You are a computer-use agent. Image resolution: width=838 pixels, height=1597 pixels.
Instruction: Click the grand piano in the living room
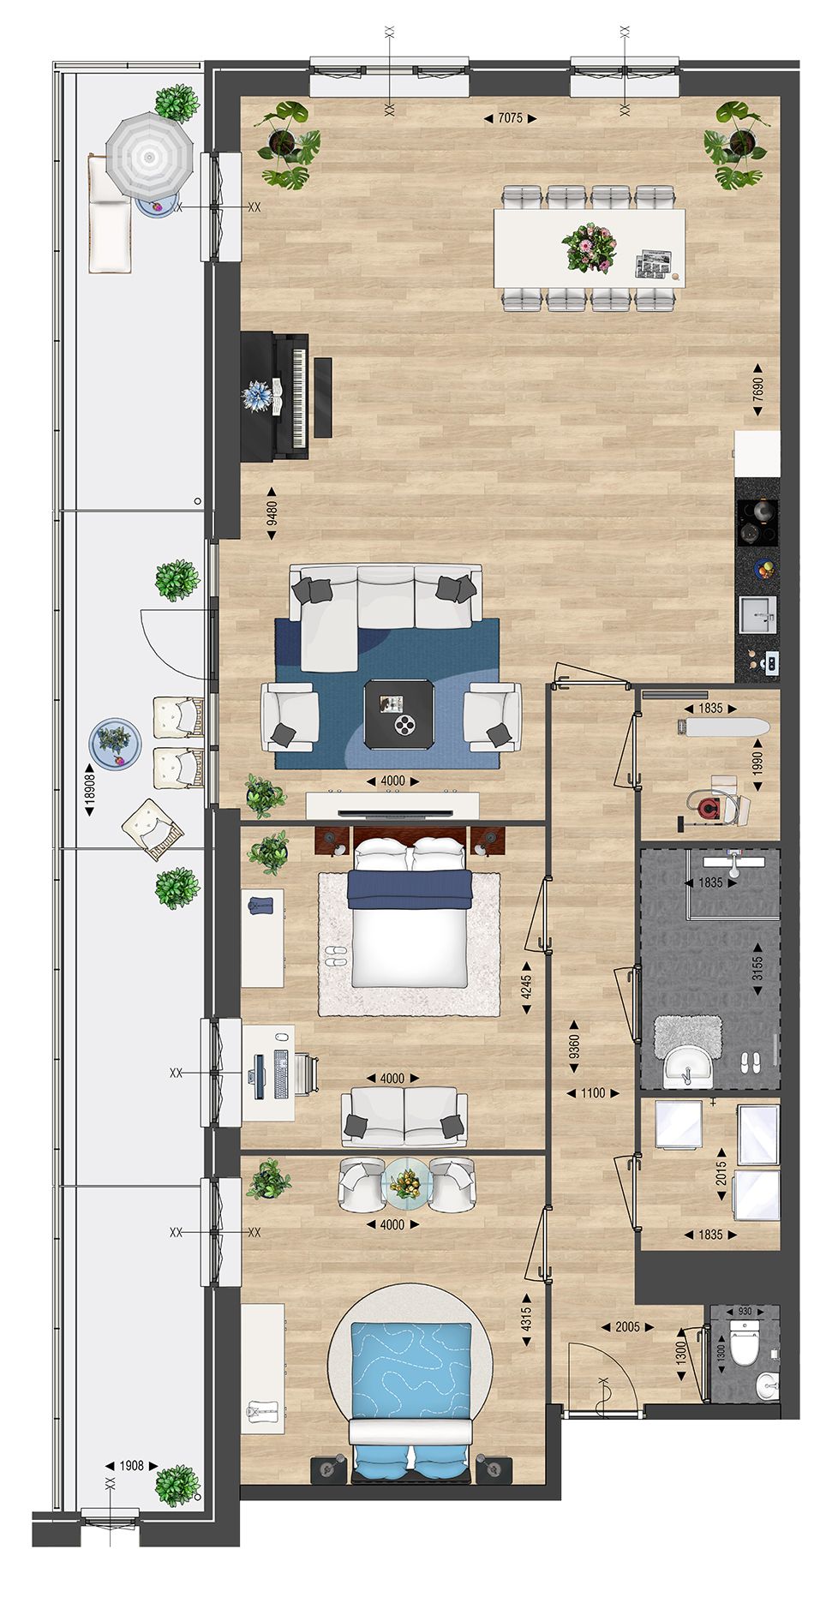click(x=276, y=397)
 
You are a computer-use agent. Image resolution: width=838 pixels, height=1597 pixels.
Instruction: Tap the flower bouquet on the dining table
click(x=590, y=247)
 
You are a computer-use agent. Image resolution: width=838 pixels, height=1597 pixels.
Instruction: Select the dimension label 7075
click(x=510, y=118)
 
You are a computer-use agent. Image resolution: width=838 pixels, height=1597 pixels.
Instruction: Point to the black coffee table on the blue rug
click(x=398, y=713)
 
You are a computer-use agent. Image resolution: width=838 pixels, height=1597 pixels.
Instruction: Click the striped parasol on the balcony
click(x=150, y=157)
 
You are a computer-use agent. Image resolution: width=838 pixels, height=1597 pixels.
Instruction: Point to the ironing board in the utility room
click(x=721, y=727)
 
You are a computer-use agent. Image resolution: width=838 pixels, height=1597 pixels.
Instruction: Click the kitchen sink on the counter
click(x=758, y=614)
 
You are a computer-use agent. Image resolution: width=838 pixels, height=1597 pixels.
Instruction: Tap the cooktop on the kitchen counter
click(x=757, y=522)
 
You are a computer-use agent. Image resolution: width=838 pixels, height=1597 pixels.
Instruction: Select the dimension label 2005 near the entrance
click(x=627, y=1327)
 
